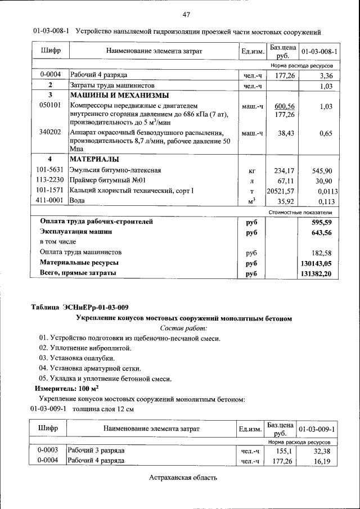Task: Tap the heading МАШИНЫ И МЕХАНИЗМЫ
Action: coord(119,95)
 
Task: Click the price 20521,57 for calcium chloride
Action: coord(281,191)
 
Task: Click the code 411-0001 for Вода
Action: coord(50,201)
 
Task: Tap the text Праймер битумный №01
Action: coord(107,181)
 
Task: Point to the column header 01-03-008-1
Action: coord(319,52)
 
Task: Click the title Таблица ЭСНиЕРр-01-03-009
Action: coord(79,307)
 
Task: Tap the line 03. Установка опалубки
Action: coord(76,358)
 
